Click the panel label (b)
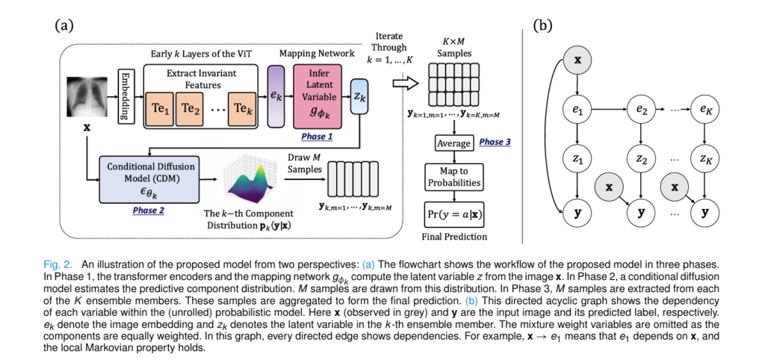click(x=542, y=25)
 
